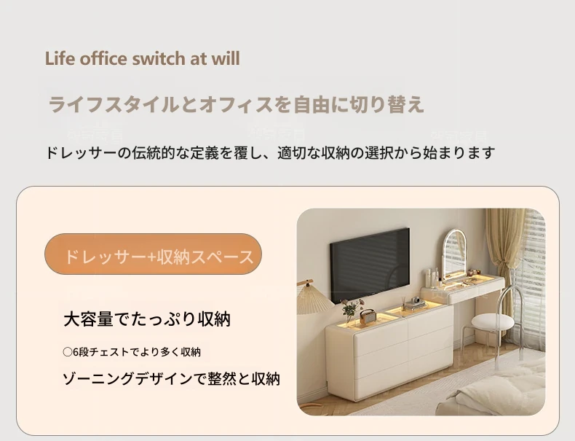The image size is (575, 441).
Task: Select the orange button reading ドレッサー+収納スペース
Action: pyautogui.click(x=154, y=254)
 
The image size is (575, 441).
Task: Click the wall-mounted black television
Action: pyautogui.click(x=370, y=265)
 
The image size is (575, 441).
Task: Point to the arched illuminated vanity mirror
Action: pyautogui.click(x=454, y=256)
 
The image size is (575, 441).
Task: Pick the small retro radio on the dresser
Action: pyautogui.click(x=368, y=316)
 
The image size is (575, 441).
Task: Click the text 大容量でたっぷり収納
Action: pyautogui.click(x=147, y=319)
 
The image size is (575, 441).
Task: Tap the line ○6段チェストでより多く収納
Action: pyautogui.click(x=132, y=352)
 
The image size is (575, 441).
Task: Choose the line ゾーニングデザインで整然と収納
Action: pyautogui.click(x=172, y=379)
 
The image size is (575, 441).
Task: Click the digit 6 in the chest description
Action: pyautogui.click(x=76, y=353)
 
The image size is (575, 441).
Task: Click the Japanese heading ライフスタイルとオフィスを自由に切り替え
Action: pyautogui.click(x=236, y=104)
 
